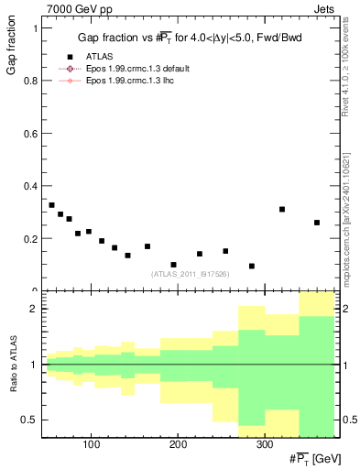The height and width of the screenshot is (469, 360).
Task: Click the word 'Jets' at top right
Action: pos(327,8)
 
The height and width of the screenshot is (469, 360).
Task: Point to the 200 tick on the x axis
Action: pos(178,446)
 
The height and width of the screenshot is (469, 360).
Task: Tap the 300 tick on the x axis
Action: pos(264,446)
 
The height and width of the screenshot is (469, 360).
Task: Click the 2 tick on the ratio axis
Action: pos(33,309)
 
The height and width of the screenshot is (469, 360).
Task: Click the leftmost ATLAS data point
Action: pos(51,205)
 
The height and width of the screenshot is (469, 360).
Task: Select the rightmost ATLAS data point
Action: pos(317,223)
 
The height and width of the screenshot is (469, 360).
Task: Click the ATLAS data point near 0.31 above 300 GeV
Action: pos(282,209)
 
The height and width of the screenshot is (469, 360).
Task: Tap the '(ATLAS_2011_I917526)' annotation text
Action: pos(189,273)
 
